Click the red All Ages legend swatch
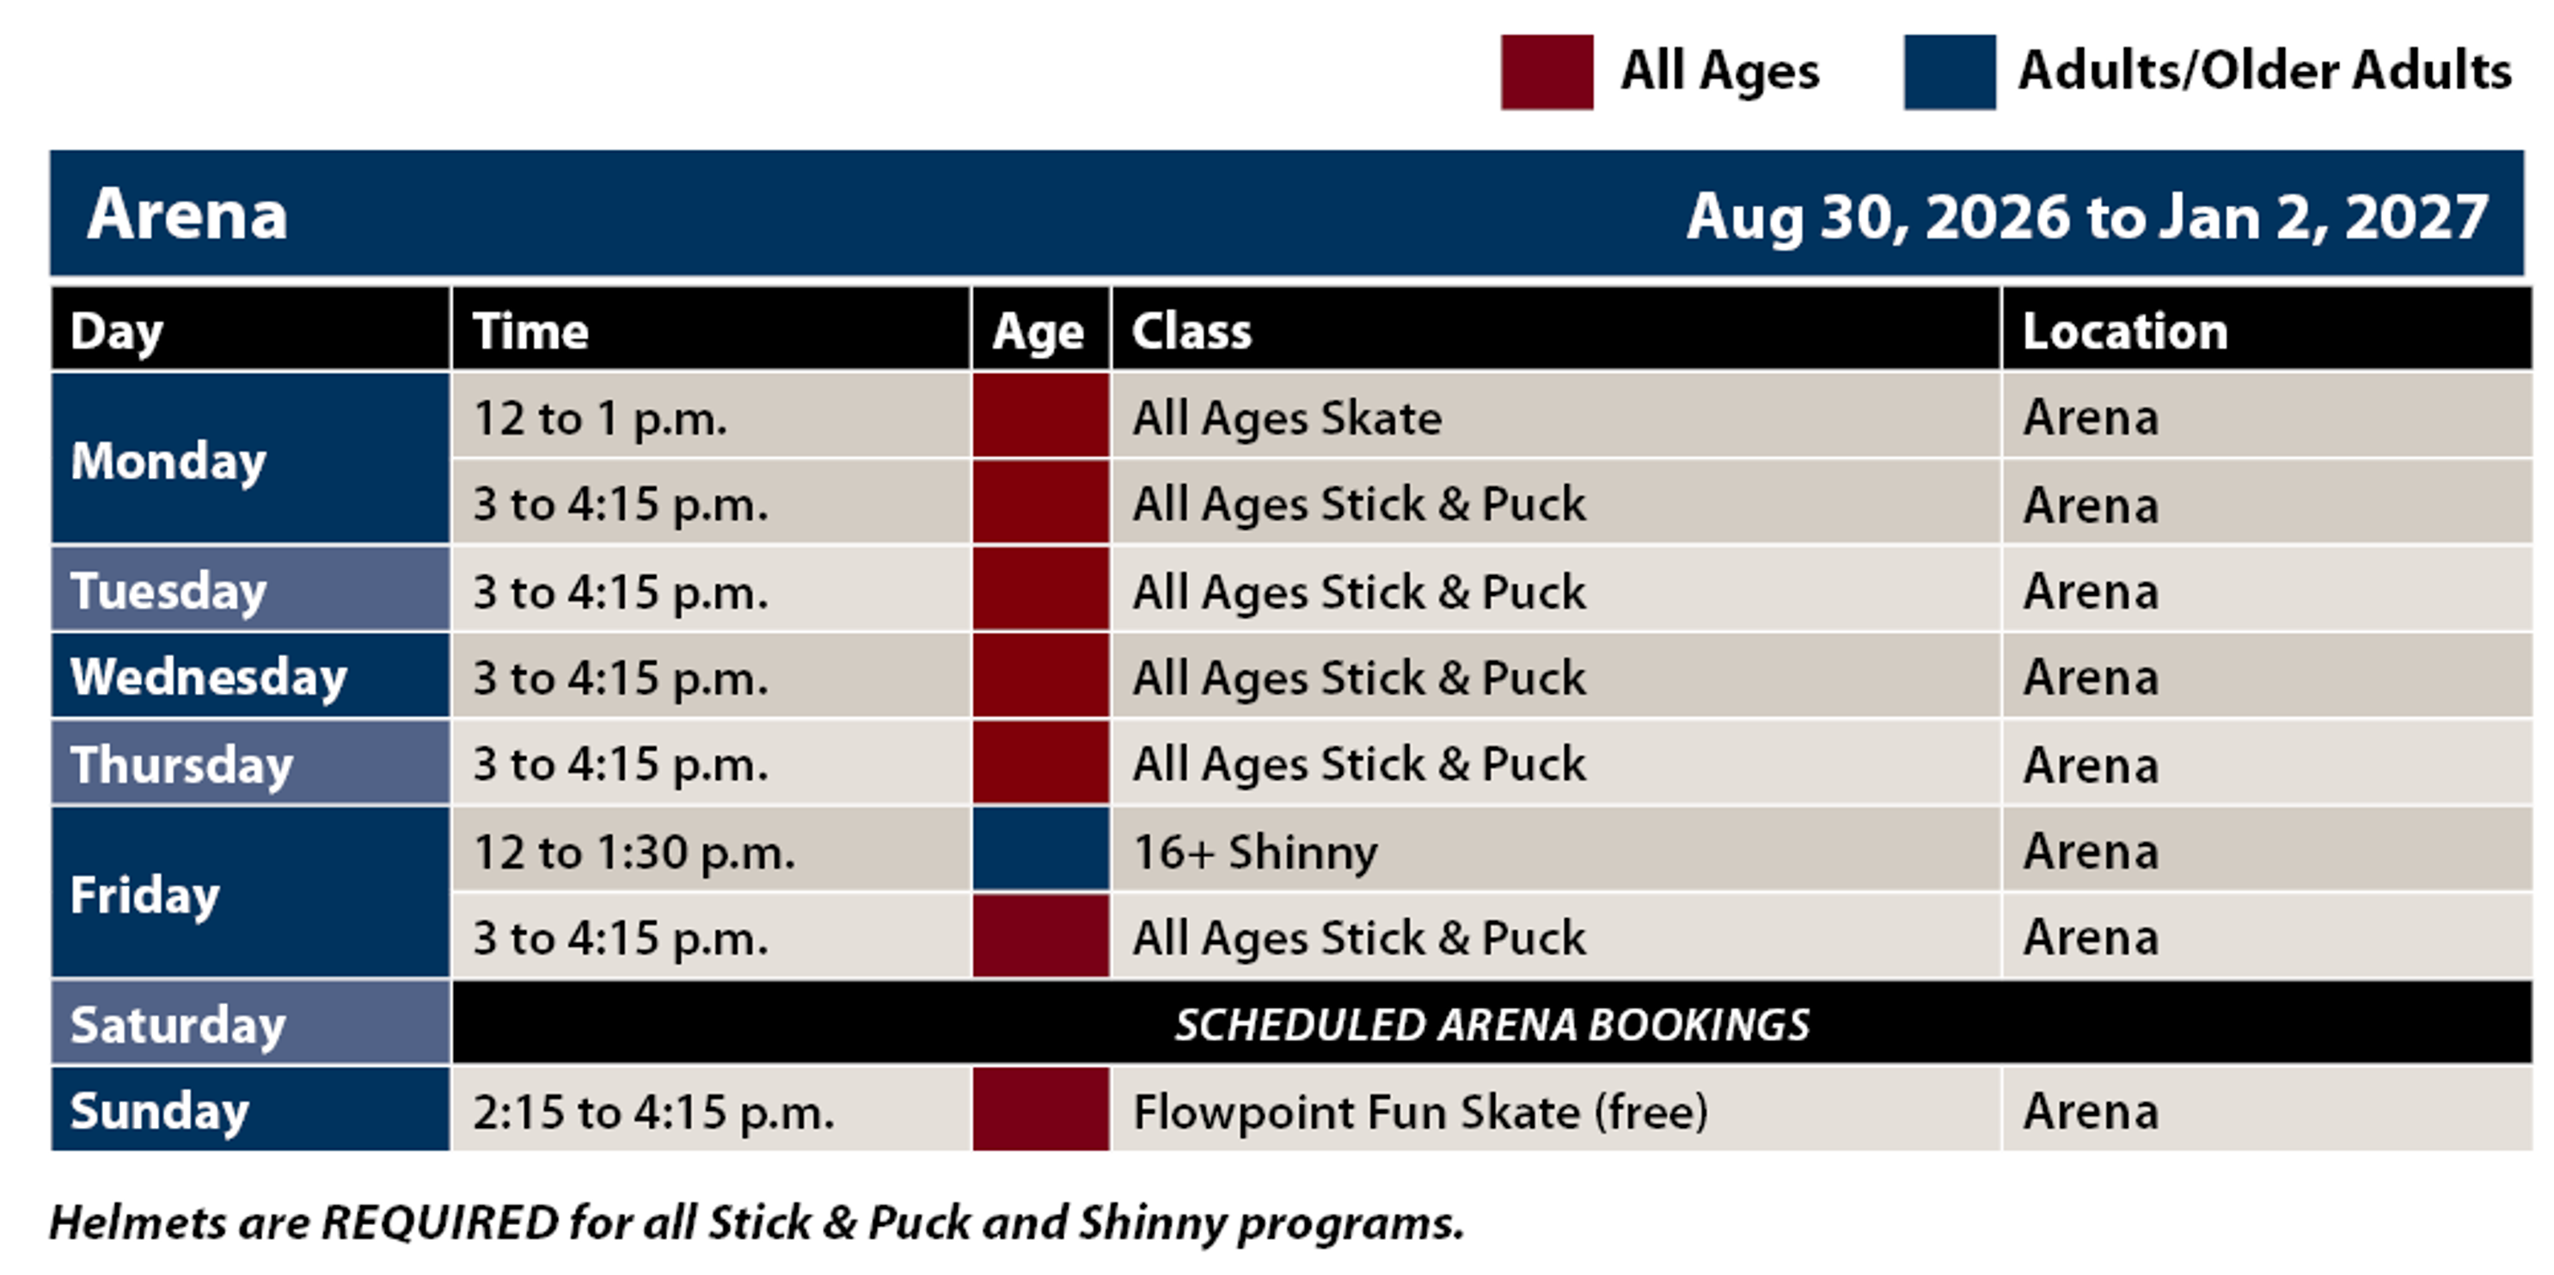tap(1546, 72)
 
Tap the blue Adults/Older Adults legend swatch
tap(1949, 72)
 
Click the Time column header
tap(530, 330)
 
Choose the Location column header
tap(2125, 330)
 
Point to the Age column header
tap(1039, 332)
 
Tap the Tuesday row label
tap(168, 592)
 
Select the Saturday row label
tap(179, 1025)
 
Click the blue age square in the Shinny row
tap(1041, 849)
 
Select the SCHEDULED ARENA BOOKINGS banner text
tap(1492, 1025)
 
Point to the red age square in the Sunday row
tap(1041, 1109)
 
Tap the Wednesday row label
tap(208, 677)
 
